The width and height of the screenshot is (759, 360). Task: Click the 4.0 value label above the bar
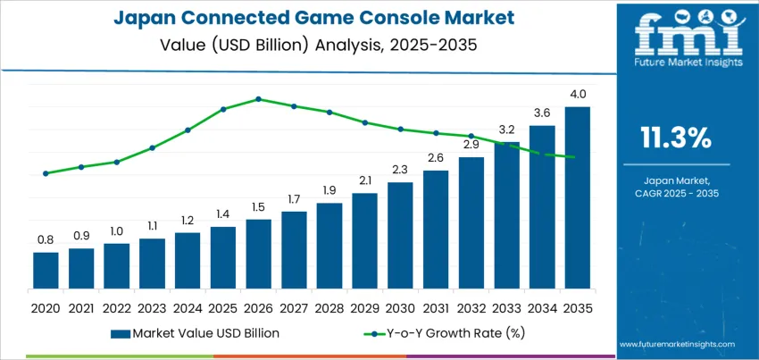(x=577, y=94)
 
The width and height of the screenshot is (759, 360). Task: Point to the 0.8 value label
(x=46, y=239)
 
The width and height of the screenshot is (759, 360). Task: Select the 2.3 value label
(x=400, y=170)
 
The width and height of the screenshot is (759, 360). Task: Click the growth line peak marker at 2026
(x=258, y=99)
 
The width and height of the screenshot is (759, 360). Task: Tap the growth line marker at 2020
(x=46, y=173)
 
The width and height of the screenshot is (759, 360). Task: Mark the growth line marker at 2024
(x=188, y=130)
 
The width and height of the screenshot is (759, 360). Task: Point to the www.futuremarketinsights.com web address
(x=676, y=344)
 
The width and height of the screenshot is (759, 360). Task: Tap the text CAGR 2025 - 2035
(x=676, y=193)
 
